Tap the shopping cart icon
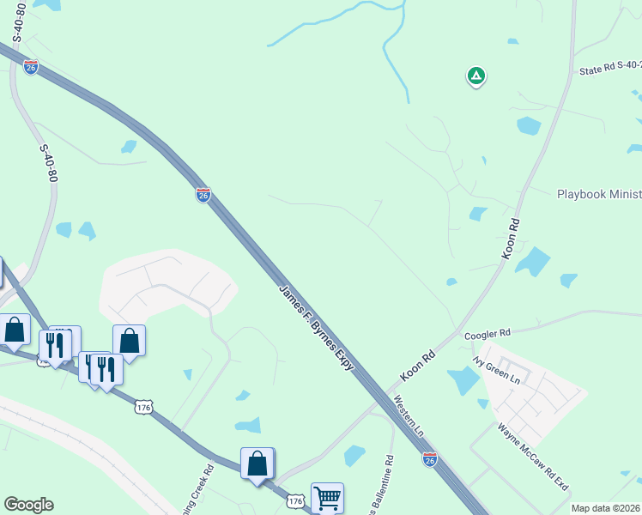coord(327,496)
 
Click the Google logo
coord(28,505)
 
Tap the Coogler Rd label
coord(487,333)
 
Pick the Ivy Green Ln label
coord(497,367)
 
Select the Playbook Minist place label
coord(599,195)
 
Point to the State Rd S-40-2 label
coord(609,70)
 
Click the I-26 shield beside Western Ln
coord(430,459)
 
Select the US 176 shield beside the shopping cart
coord(295,500)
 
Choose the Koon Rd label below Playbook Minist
coord(512,239)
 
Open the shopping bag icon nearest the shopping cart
coord(257,463)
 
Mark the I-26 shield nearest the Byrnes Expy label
coord(203,195)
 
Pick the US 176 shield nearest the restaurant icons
coord(143,408)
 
